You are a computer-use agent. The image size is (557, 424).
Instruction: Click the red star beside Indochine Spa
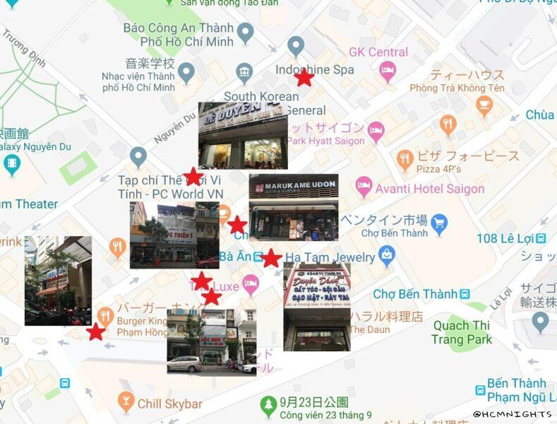point(304,77)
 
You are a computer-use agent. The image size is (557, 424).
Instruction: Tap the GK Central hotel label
point(378,52)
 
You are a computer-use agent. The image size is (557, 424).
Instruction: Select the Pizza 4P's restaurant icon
point(405,160)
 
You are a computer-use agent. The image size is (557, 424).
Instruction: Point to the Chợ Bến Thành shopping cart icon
point(439,224)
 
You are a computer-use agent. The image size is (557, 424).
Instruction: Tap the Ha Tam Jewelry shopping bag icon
point(386,256)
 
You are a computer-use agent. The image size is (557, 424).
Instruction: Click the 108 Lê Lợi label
point(506,238)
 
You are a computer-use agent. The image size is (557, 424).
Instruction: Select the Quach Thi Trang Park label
point(462,332)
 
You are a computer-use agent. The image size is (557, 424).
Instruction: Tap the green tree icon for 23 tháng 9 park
point(268,405)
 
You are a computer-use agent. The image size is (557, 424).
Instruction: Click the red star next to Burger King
point(96,331)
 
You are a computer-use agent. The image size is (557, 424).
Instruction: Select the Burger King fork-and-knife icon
point(105,316)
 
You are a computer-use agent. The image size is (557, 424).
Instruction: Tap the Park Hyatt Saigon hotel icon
point(376,131)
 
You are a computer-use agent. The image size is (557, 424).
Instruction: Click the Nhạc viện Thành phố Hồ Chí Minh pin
point(186,72)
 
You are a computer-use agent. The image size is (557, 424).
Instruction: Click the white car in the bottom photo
point(184,364)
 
